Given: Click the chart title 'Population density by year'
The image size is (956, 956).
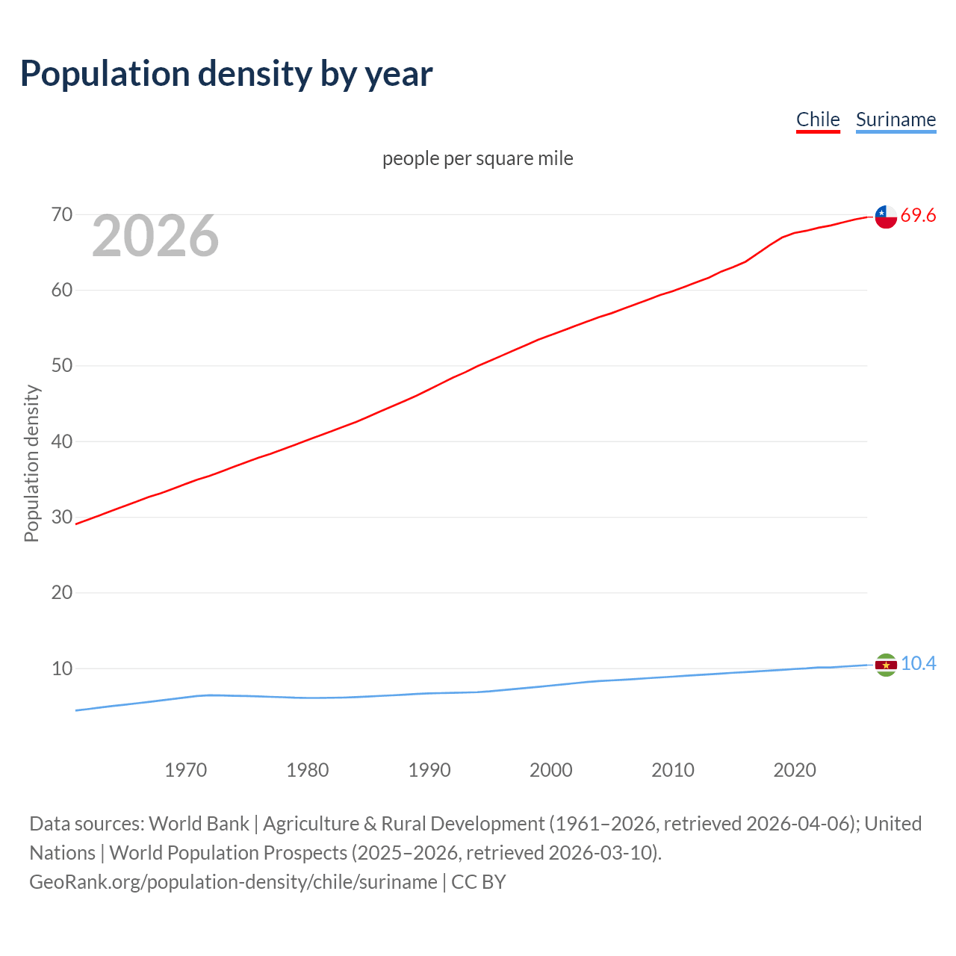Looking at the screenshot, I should click(226, 73).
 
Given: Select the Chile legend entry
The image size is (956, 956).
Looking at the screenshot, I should click(818, 119).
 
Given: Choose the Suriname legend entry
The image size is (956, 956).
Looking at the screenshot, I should click(896, 119).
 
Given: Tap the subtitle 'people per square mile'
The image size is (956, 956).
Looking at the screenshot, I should click(478, 158).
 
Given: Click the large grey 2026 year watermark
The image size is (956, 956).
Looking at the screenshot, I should click(155, 236).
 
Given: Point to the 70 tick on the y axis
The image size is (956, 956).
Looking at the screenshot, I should click(62, 215).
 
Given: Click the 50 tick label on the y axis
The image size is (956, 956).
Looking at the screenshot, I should click(62, 366).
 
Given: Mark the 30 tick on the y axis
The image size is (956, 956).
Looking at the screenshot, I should click(62, 517).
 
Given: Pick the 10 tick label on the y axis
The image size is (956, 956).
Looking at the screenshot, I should click(62, 668).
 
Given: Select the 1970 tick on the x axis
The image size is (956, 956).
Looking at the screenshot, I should click(186, 770).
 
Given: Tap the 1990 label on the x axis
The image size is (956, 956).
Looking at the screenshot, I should click(429, 770).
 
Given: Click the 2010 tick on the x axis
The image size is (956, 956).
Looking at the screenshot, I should click(673, 770).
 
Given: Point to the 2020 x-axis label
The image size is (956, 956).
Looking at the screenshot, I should click(795, 770).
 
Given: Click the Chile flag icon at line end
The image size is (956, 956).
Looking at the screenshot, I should click(886, 217).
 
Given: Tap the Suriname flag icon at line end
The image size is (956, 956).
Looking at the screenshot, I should click(886, 665).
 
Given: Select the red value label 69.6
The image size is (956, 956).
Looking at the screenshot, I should click(918, 216).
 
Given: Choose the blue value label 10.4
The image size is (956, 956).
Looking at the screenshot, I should click(918, 664).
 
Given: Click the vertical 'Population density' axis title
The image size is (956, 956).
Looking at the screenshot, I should click(31, 463).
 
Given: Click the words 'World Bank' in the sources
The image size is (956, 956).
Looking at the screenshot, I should click(199, 824).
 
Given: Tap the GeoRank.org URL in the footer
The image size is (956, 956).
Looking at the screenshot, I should click(233, 882).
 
